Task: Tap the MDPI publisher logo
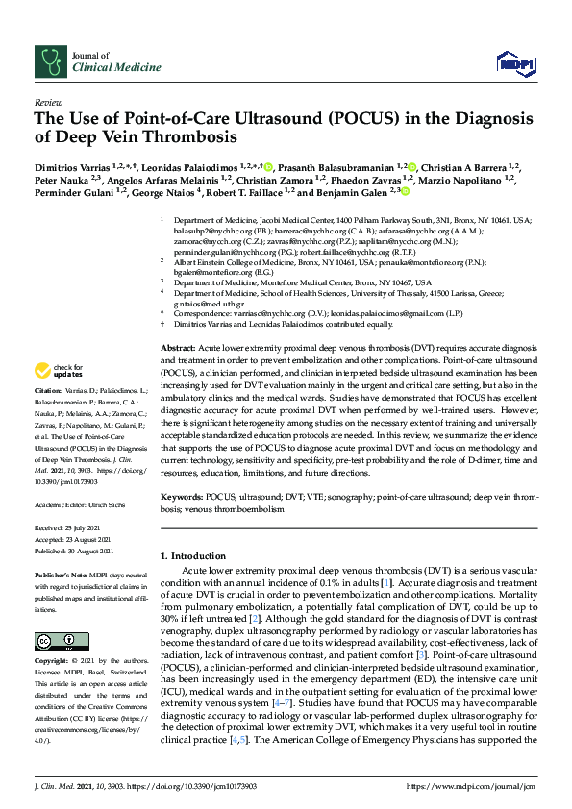[514, 63]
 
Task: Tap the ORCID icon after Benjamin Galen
[407, 191]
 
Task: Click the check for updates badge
[59, 370]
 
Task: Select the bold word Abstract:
[178, 348]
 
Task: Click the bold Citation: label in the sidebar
[47, 392]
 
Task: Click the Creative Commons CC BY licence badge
[48, 641]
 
